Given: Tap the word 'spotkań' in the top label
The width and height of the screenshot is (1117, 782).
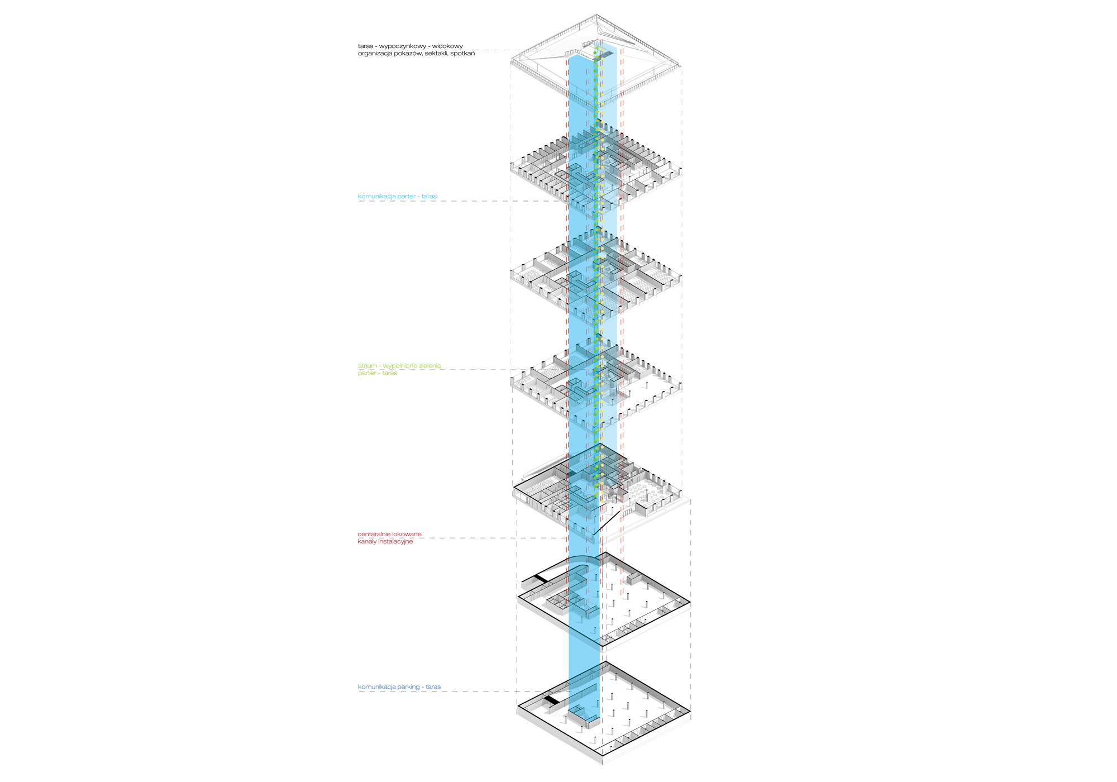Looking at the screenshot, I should [462, 54].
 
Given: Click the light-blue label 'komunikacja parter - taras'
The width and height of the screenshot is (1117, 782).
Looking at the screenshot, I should [397, 197].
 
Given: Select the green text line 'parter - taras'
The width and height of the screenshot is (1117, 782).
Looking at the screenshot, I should [378, 373].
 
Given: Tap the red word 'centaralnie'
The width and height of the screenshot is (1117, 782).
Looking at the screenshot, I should [374, 535].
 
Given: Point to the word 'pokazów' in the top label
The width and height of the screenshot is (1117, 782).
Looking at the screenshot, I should [409, 54].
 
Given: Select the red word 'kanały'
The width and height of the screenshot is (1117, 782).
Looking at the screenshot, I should [367, 542].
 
